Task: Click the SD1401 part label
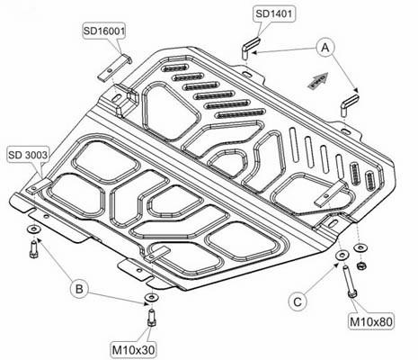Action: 274,13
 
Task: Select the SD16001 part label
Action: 103,31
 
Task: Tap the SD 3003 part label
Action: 28,155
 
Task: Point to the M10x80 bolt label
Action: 371,321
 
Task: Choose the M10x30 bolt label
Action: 134,349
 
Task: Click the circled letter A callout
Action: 325,48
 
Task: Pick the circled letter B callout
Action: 79,289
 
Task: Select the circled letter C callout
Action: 298,301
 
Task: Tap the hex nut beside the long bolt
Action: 361,265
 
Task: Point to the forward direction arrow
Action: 318,80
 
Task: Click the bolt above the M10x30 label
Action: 152,318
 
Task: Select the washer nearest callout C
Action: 342,256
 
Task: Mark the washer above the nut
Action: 360,248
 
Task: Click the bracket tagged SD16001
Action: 114,67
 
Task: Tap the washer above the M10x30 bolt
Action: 152,297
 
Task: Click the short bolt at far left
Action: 33,249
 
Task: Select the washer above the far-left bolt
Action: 33,229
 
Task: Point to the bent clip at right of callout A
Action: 350,105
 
